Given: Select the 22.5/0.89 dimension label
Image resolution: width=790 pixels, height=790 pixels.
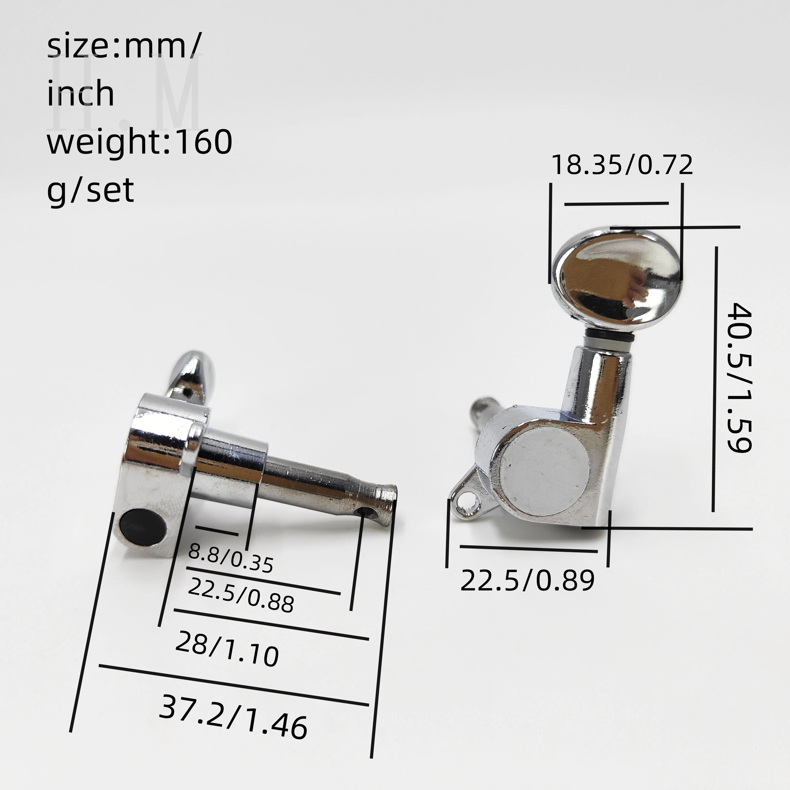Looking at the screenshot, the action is coord(527,580).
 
